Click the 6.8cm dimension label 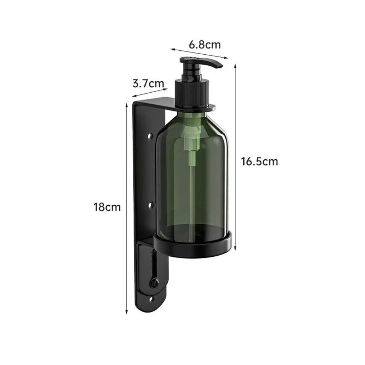coord(205,44)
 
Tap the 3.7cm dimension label coord(148,84)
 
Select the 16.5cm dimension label coord(259,162)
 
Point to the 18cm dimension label coord(107,207)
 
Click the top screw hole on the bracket coord(151,135)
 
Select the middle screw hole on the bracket coord(151,205)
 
